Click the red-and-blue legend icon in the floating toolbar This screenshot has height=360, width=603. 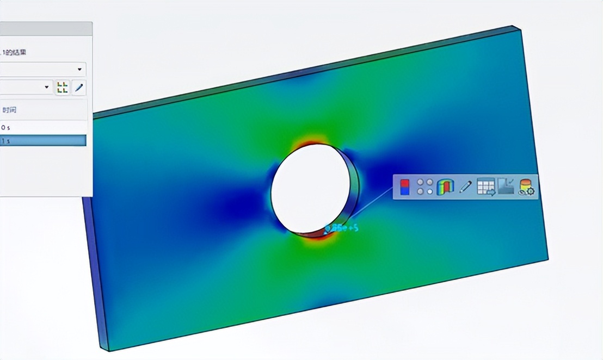tap(404, 187)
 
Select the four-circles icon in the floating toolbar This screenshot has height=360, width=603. tap(424, 187)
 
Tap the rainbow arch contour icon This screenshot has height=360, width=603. tap(445, 187)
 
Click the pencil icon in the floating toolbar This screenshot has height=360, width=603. tap(465, 187)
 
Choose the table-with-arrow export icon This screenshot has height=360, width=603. tap(486, 187)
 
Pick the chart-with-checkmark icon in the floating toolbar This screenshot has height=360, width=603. tap(506, 187)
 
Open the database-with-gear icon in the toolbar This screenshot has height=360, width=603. tap(526, 187)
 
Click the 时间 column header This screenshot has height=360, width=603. tap(10, 110)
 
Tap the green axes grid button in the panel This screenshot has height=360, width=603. tap(63, 87)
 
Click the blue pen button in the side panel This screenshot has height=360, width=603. tap(79, 87)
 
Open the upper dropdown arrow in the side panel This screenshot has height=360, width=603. tap(80, 70)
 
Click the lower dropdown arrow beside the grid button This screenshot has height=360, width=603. tap(47, 87)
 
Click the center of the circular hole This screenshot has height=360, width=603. tap(311, 188)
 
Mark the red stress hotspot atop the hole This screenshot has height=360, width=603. tap(307, 142)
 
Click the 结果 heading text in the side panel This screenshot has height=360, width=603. tap(19, 53)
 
